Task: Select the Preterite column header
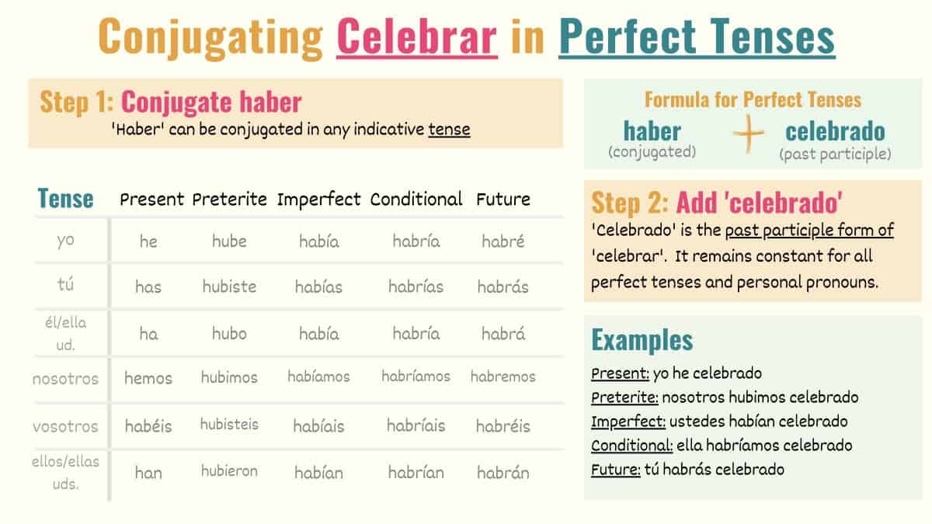(229, 200)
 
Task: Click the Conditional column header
(416, 200)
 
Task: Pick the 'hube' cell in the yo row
(229, 241)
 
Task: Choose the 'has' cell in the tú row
(148, 287)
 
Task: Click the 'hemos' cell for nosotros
(148, 378)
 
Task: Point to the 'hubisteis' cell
(229, 425)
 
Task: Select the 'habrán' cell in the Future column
(503, 472)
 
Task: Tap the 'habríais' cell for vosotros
(416, 426)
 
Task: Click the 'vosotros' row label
(65, 426)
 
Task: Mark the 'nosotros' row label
(65, 380)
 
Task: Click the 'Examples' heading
(642, 340)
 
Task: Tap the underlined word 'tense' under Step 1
(449, 129)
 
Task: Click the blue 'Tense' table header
(65, 199)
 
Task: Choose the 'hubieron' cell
(229, 471)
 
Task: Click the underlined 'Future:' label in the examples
(615, 470)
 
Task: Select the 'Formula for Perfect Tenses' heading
(753, 99)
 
